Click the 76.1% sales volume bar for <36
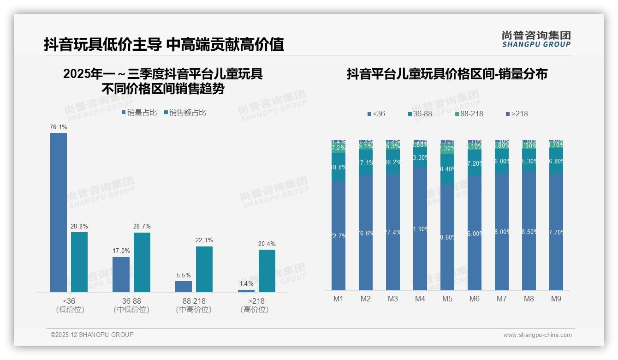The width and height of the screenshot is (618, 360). pos(59,212)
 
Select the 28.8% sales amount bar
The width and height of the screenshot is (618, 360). pos(79,262)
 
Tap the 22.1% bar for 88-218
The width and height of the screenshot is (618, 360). pos(204,269)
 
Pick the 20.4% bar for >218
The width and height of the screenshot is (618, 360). pos(267,271)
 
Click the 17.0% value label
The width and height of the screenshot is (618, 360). pos(121,251)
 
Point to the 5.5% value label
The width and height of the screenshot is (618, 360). pos(184,276)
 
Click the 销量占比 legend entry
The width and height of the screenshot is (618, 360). pos(139,113)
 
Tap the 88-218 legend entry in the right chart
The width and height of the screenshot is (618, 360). pos(469,114)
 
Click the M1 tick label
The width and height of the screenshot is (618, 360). pos(339,299)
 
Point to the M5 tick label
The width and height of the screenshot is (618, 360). pos(447,299)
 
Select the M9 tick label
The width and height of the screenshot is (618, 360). pos(556,299)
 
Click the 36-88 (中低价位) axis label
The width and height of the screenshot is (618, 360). pos(131,305)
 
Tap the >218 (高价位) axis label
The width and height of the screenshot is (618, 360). pos(255,305)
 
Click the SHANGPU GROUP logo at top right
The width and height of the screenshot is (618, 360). pos(536,39)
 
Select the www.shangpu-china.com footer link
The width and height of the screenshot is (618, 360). pos(537,335)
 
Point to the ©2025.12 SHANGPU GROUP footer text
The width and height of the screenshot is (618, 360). pos(92,335)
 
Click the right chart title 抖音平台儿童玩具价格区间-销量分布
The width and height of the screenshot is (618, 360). pos(447,74)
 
